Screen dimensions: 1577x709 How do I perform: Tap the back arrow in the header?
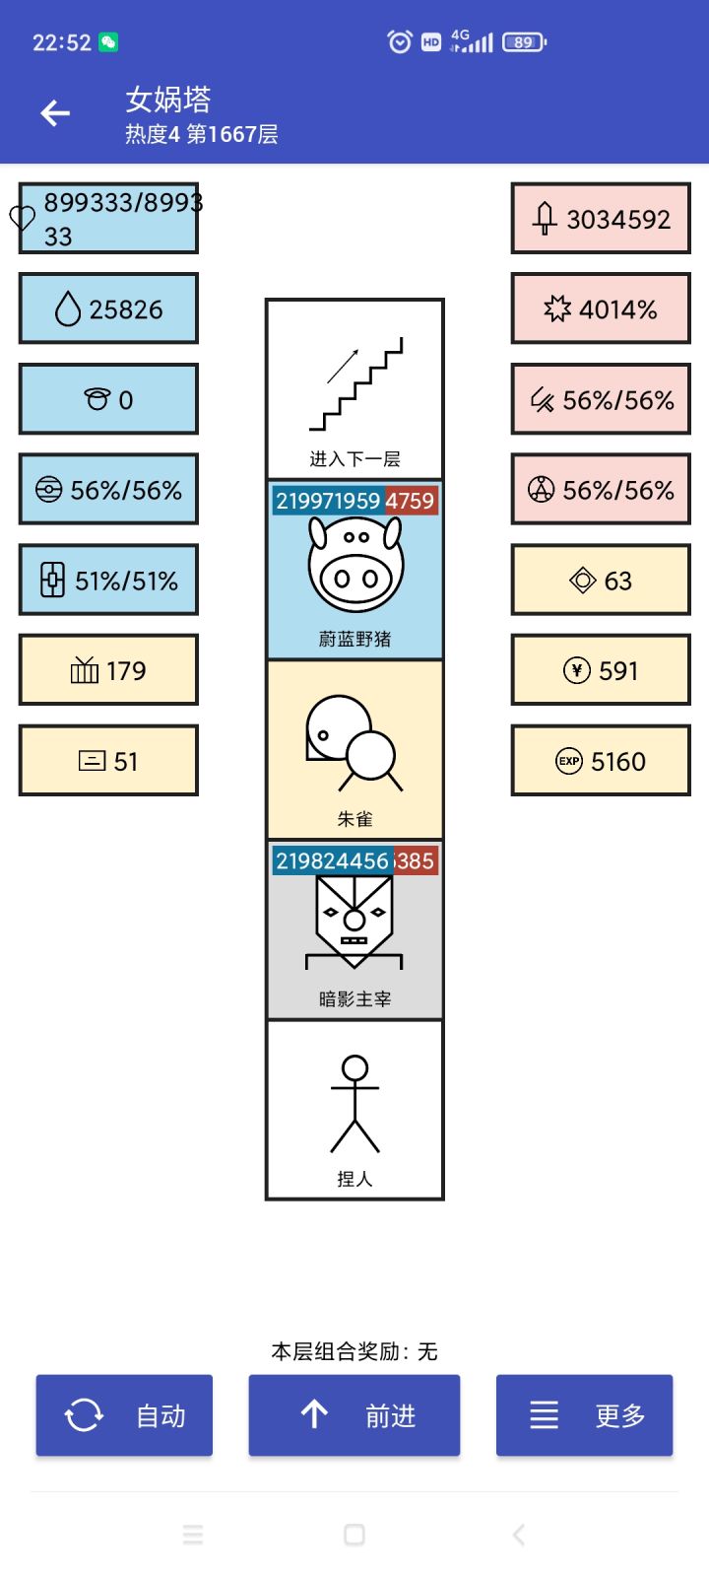[x=55, y=113]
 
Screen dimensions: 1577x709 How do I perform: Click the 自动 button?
[x=124, y=1415]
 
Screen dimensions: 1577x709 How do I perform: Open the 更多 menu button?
[x=584, y=1415]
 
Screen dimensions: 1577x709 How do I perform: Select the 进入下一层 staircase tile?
[x=354, y=389]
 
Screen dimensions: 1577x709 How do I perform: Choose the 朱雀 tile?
[x=354, y=749]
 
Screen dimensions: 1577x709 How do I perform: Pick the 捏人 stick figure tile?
[x=354, y=1110]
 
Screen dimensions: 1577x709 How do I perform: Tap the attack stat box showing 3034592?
[x=601, y=219]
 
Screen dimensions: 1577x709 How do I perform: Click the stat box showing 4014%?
[x=601, y=309]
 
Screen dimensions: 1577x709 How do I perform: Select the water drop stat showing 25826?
[x=108, y=309]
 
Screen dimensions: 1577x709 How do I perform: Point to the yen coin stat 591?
[x=601, y=670]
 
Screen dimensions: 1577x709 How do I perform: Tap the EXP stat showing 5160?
[x=601, y=761]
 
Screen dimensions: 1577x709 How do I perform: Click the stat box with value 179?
[x=108, y=670]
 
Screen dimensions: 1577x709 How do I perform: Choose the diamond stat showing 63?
[x=601, y=581]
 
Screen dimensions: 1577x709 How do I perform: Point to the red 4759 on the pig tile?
[x=410, y=501]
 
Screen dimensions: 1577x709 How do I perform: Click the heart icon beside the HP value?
[x=23, y=218]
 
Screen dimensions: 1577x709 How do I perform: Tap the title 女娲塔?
[x=168, y=100]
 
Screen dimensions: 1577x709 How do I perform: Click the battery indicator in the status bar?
[x=524, y=42]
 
